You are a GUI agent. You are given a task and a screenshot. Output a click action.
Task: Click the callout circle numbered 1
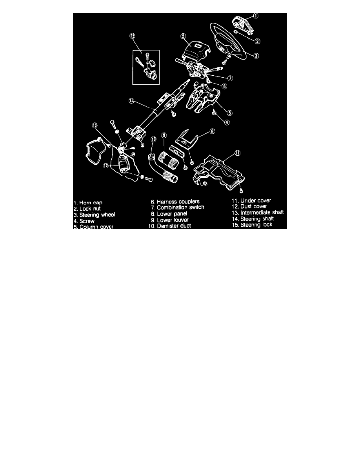click(x=256, y=16)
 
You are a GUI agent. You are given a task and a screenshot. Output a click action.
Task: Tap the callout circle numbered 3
click(x=256, y=56)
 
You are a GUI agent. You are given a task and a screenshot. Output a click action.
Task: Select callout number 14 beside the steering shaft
click(x=132, y=101)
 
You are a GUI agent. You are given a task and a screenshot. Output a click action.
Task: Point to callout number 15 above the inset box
click(x=132, y=36)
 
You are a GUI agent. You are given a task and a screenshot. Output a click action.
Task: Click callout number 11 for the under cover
click(x=238, y=153)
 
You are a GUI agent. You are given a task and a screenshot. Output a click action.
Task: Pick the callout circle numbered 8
click(x=213, y=131)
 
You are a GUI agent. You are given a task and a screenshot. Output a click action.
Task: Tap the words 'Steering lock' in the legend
click(x=256, y=225)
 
